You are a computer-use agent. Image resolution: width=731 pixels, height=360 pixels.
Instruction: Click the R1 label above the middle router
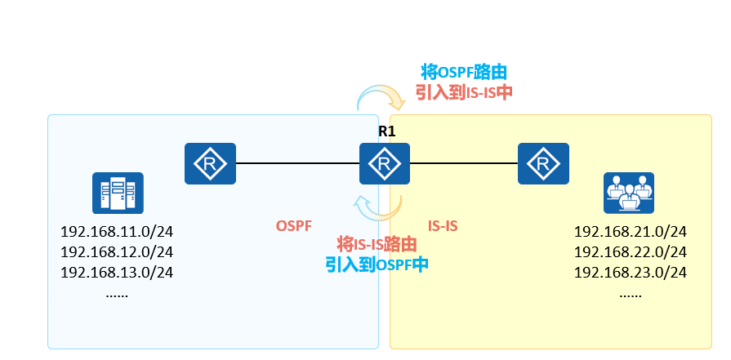(x=386, y=131)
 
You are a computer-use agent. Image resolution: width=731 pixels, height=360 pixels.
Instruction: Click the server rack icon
(x=118, y=193)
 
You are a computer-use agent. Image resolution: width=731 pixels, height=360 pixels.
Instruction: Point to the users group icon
(x=628, y=193)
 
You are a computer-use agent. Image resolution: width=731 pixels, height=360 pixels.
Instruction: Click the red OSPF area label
(x=293, y=224)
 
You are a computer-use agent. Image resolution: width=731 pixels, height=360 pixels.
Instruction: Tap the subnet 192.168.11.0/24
(x=117, y=231)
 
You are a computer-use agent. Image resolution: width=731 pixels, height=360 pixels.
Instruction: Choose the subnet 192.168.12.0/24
(x=117, y=251)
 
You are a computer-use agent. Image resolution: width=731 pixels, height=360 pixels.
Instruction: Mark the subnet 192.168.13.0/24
(x=117, y=272)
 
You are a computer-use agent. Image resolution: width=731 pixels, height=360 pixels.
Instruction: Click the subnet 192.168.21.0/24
(x=630, y=231)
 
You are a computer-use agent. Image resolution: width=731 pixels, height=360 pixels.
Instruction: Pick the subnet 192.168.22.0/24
(x=630, y=251)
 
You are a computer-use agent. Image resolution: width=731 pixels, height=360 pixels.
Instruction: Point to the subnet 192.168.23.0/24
(x=630, y=272)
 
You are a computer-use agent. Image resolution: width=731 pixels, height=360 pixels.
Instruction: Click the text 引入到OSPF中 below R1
(x=377, y=264)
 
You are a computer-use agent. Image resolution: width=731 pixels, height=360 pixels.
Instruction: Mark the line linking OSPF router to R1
(x=297, y=163)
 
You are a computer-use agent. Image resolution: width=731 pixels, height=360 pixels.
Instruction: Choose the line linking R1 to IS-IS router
(x=463, y=163)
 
